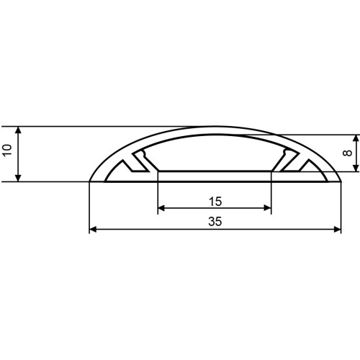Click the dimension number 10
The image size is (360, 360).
[x=8, y=150]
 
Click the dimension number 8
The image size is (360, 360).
[x=347, y=153]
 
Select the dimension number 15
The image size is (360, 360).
[x=215, y=202]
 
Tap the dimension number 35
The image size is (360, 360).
[x=215, y=222]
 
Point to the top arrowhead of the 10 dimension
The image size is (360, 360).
[x=18, y=130]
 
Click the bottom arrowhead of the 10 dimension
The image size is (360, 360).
[x=18, y=179]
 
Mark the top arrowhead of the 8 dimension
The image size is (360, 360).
[x=356, y=138]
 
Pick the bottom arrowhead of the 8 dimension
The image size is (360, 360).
[x=356, y=168]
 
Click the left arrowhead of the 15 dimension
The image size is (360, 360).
[x=161, y=208]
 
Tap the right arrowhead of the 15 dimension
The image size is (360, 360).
[x=267, y=208]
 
